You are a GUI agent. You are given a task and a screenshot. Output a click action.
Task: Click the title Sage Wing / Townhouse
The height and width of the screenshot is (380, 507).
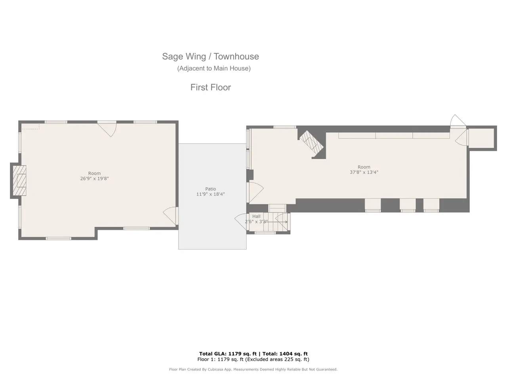click(x=210, y=57)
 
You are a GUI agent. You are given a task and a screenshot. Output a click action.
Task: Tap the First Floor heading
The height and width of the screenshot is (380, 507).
click(x=210, y=87)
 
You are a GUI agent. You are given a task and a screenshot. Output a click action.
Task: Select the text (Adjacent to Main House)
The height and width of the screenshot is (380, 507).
click(x=214, y=68)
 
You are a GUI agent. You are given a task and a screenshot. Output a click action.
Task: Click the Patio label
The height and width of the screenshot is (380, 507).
click(x=210, y=189)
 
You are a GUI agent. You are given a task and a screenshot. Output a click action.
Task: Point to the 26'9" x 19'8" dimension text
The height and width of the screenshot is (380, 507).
click(x=94, y=179)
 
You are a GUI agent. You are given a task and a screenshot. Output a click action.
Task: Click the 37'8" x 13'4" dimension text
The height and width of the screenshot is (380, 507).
click(x=364, y=172)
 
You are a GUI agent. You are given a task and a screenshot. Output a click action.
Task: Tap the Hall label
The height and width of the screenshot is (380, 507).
click(x=256, y=217)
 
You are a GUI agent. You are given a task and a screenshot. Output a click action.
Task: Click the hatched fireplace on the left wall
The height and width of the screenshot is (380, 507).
click(x=19, y=180)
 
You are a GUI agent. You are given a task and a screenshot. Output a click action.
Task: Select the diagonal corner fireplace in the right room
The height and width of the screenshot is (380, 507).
click(x=311, y=142)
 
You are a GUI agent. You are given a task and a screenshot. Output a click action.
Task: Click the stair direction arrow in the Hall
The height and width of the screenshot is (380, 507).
click(x=277, y=222)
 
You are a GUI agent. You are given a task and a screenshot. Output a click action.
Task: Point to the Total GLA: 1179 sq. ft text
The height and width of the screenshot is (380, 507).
click(x=228, y=354)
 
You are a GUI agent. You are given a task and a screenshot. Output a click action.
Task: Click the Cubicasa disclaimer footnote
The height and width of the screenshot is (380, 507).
click(x=253, y=369)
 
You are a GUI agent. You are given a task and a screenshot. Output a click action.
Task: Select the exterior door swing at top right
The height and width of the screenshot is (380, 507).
click(x=458, y=120)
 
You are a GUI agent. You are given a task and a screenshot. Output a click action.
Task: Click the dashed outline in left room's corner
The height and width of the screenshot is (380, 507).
click(x=30, y=127)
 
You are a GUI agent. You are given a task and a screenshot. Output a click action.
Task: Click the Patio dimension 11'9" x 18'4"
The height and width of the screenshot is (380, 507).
click(x=210, y=194)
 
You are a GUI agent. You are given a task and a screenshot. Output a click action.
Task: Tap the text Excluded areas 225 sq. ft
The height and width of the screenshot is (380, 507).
click(x=277, y=359)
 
